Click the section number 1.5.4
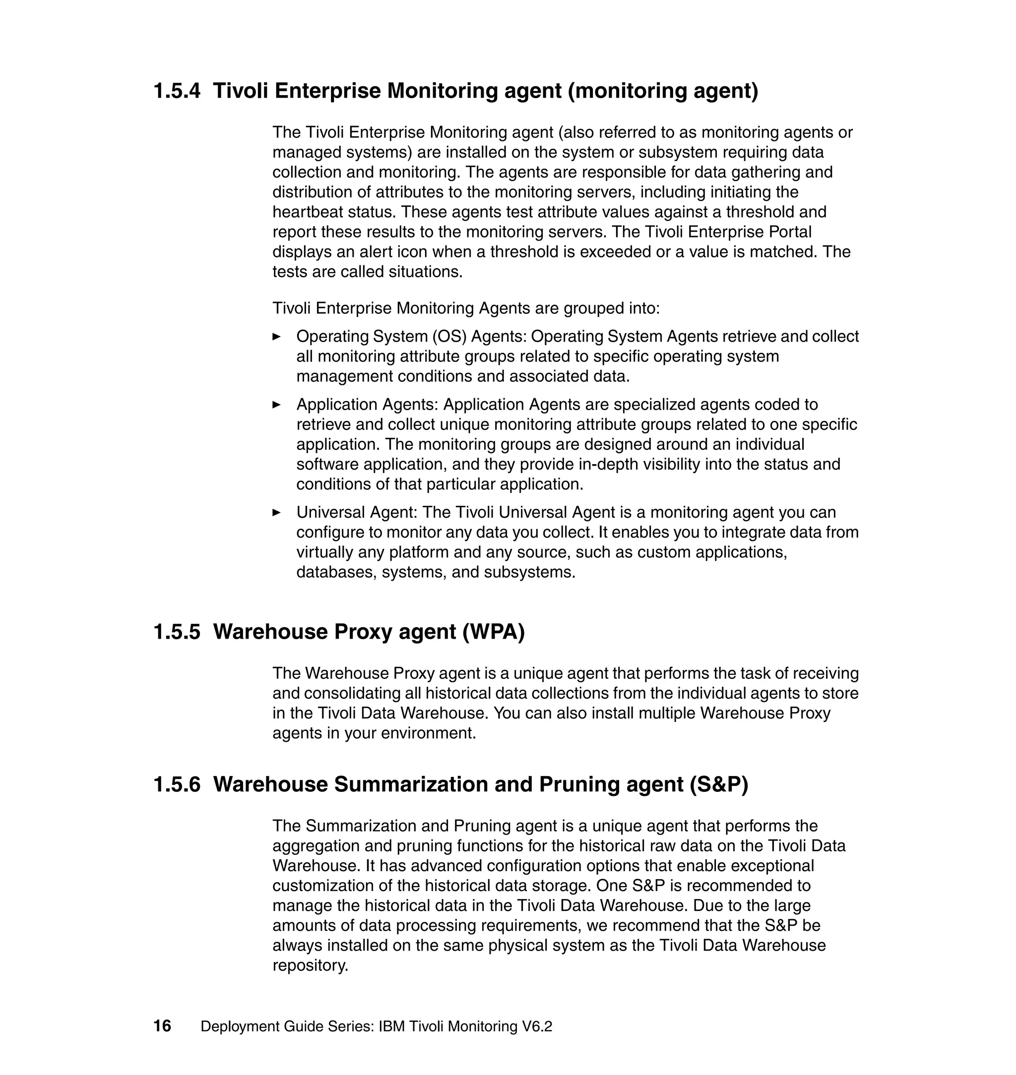(x=177, y=90)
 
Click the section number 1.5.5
(x=177, y=632)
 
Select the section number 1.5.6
(x=177, y=784)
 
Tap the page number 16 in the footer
(x=162, y=1026)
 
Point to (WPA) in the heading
(x=494, y=632)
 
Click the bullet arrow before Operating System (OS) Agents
(x=276, y=337)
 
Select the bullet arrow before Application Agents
(x=276, y=404)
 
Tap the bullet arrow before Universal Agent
(x=276, y=512)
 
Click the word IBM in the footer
(x=391, y=1026)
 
